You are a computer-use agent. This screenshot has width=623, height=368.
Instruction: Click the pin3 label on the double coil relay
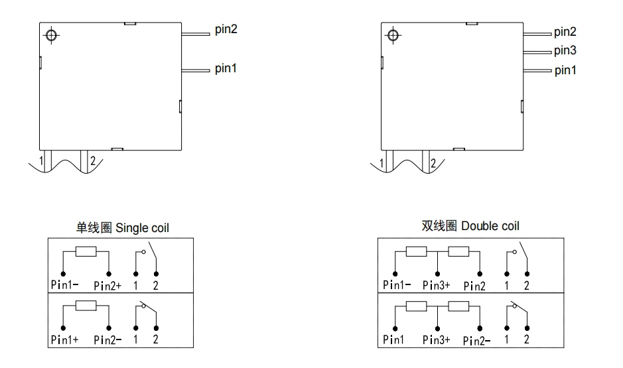pos(565,51)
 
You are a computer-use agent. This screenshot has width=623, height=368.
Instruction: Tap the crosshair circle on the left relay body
pos(51,35)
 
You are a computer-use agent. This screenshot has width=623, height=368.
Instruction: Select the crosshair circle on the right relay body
pos(393,35)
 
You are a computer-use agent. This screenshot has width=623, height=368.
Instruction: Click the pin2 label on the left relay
pos(226,29)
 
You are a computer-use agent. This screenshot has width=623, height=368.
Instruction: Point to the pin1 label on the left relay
pos(226,68)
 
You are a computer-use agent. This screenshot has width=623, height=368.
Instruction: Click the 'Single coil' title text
pos(142,228)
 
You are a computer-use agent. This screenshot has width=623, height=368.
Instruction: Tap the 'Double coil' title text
pos(490,226)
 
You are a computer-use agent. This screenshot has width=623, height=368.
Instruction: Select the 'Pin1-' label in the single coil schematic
pos(65,284)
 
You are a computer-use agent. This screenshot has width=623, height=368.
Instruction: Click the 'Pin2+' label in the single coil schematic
pos(107,285)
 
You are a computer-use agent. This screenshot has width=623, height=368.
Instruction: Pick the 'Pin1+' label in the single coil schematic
pos(65,339)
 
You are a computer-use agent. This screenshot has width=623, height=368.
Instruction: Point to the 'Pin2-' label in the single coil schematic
pos(107,339)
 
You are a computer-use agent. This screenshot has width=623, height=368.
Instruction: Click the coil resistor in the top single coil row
pos(86,251)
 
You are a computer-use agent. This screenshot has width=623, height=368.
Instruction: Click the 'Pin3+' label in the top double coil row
pos(437,285)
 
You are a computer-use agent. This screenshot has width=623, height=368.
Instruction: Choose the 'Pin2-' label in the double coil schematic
pos(477,341)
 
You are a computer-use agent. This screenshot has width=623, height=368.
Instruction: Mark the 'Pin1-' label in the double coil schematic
pos(397,284)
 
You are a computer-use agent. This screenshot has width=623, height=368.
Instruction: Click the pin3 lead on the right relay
pos(537,52)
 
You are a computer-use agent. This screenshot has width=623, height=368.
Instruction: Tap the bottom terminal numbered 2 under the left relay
pos(84,160)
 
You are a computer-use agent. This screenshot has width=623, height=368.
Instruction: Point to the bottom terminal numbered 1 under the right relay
pos(389,160)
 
